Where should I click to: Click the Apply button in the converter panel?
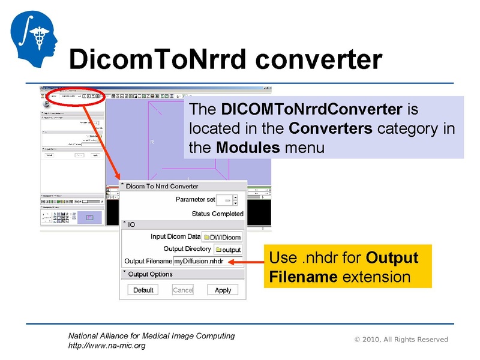223,290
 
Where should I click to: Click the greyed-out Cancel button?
183,290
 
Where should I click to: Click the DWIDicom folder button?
222,237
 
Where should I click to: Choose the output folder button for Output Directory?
228,250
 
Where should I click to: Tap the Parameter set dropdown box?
226,199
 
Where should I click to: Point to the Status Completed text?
217,214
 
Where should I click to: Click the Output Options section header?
150,274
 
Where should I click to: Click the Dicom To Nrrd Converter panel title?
162,186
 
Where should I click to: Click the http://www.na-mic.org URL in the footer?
107,346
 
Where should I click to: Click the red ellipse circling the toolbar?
72,96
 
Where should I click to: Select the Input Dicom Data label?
175,236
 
